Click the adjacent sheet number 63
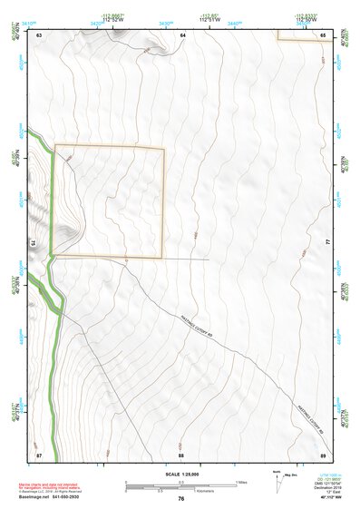tap(39, 34)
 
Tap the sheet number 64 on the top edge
tap(181, 34)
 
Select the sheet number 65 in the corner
tap(324, 34)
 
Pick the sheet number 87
tap(39, 453)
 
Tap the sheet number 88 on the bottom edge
tap(181, 453)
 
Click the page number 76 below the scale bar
tap(181, 498)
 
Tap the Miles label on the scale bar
tap(241, 481)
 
